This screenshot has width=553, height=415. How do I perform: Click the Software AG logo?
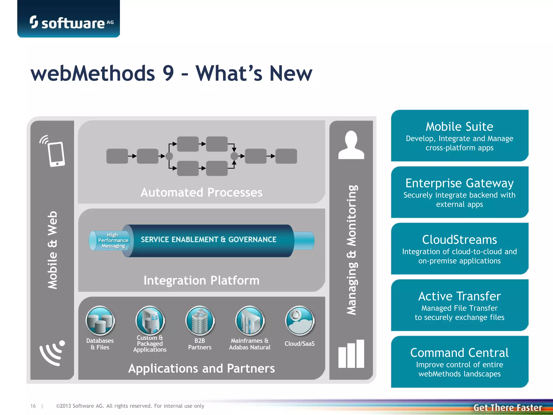coord(72,22)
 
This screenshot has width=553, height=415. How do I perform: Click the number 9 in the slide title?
coord(168,73)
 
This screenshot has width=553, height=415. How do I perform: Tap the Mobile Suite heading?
coord(459,126)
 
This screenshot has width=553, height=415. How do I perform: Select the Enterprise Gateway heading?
coord(459,183)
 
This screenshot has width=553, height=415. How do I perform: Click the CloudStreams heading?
coord(459,240)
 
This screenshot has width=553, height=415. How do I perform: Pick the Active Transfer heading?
coord(459,296)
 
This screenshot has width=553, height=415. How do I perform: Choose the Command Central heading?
coord(459,353)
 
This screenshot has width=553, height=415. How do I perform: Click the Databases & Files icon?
coord(100,321)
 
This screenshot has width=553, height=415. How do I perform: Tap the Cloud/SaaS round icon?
coord(299,321)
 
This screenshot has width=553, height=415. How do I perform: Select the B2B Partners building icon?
coord(200,321)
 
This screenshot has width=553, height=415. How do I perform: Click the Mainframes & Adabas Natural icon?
coord(249,321)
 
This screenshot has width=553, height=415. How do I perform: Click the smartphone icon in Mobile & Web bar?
coord(56,154)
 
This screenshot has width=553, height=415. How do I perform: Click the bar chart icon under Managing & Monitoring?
coord(351,354)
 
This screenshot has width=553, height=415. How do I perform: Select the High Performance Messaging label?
coord(113,240)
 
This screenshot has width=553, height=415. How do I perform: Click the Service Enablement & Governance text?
coord(208,240)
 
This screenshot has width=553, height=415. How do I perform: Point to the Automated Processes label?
coord(201,192)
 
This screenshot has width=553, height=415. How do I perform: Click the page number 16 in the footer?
coord(33,406)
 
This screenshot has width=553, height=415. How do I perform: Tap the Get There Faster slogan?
coord(508,407)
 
